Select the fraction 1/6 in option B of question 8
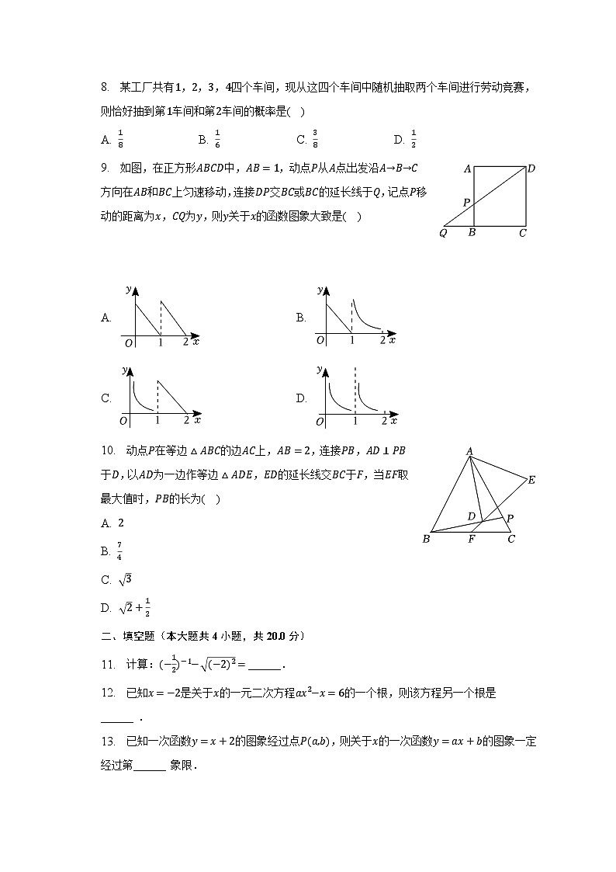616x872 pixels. coord(217,139)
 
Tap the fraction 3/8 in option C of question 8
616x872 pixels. coord(315,139)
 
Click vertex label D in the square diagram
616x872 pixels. coord(531,168)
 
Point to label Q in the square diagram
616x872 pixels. coord(443,233)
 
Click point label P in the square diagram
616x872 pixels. coord(466,202)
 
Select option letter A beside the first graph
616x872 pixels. coord(106,318)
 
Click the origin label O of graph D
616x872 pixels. coord(320,421)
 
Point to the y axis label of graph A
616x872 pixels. coord(128,289)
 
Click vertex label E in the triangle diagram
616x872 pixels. coord(531,480)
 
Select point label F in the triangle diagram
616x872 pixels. coord(471,540)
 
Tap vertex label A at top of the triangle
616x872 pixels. coord(469,451)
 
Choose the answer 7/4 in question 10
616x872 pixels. coord(119,551)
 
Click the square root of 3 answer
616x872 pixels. coord(124,579)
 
